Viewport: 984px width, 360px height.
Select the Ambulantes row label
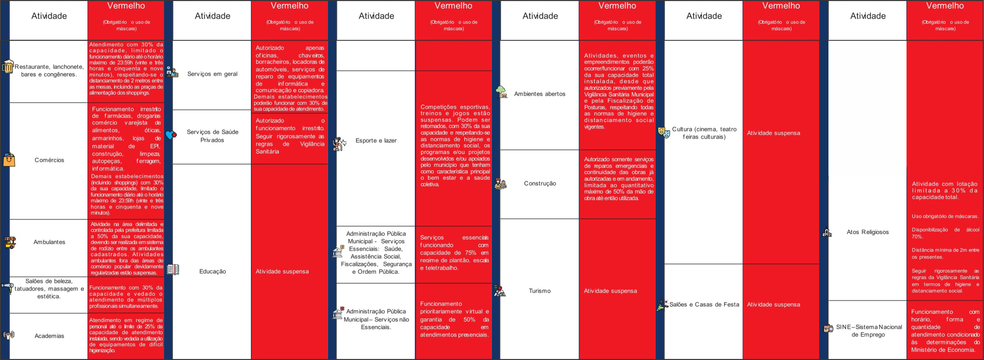[x=49, y=242]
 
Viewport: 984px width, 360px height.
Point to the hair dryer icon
[x=7, y=287]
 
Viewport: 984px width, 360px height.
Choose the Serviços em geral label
[x=212, y=74]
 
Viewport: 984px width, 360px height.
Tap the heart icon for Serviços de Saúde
[x=171, y=135]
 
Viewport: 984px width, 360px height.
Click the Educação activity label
[x=212, y=271]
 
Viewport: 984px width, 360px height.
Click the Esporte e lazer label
[x=376, y=141]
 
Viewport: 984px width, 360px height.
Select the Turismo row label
[x=539, y=291]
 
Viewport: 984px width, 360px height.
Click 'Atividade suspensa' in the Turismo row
[x=610, y=291]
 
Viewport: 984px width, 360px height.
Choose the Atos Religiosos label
[x=867, y=232]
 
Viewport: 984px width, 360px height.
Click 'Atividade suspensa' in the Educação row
[x=282, y=271]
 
